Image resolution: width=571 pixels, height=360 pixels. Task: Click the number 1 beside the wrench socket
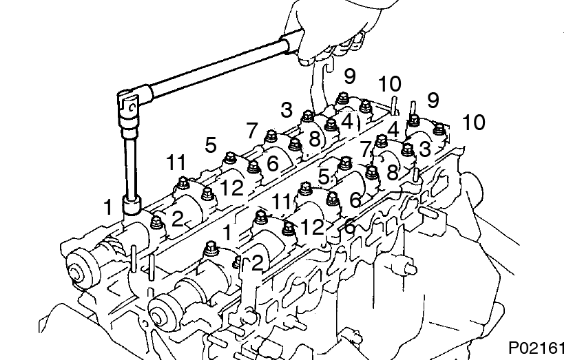coord(107,206)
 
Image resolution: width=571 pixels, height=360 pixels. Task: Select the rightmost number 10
coord(473,123)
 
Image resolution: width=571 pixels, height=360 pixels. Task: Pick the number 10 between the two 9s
coord(389,85)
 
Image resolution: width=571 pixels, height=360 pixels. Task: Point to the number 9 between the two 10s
coord(432,100)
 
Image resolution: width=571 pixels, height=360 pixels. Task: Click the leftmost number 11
coord(176,163)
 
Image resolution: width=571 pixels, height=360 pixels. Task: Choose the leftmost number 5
coord(211,145)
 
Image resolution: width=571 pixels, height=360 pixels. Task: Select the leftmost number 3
coord(287,109)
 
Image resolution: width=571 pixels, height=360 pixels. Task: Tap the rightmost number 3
coord(425,149)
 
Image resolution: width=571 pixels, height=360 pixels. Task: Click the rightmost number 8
coord(392,172)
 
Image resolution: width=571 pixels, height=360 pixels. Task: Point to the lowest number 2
coord(256,262)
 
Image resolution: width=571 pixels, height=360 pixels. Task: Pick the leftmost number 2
coord(177,220)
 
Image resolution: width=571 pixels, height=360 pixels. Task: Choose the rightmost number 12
coord(311,226)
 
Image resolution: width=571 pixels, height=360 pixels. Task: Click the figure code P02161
coord(538,346)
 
